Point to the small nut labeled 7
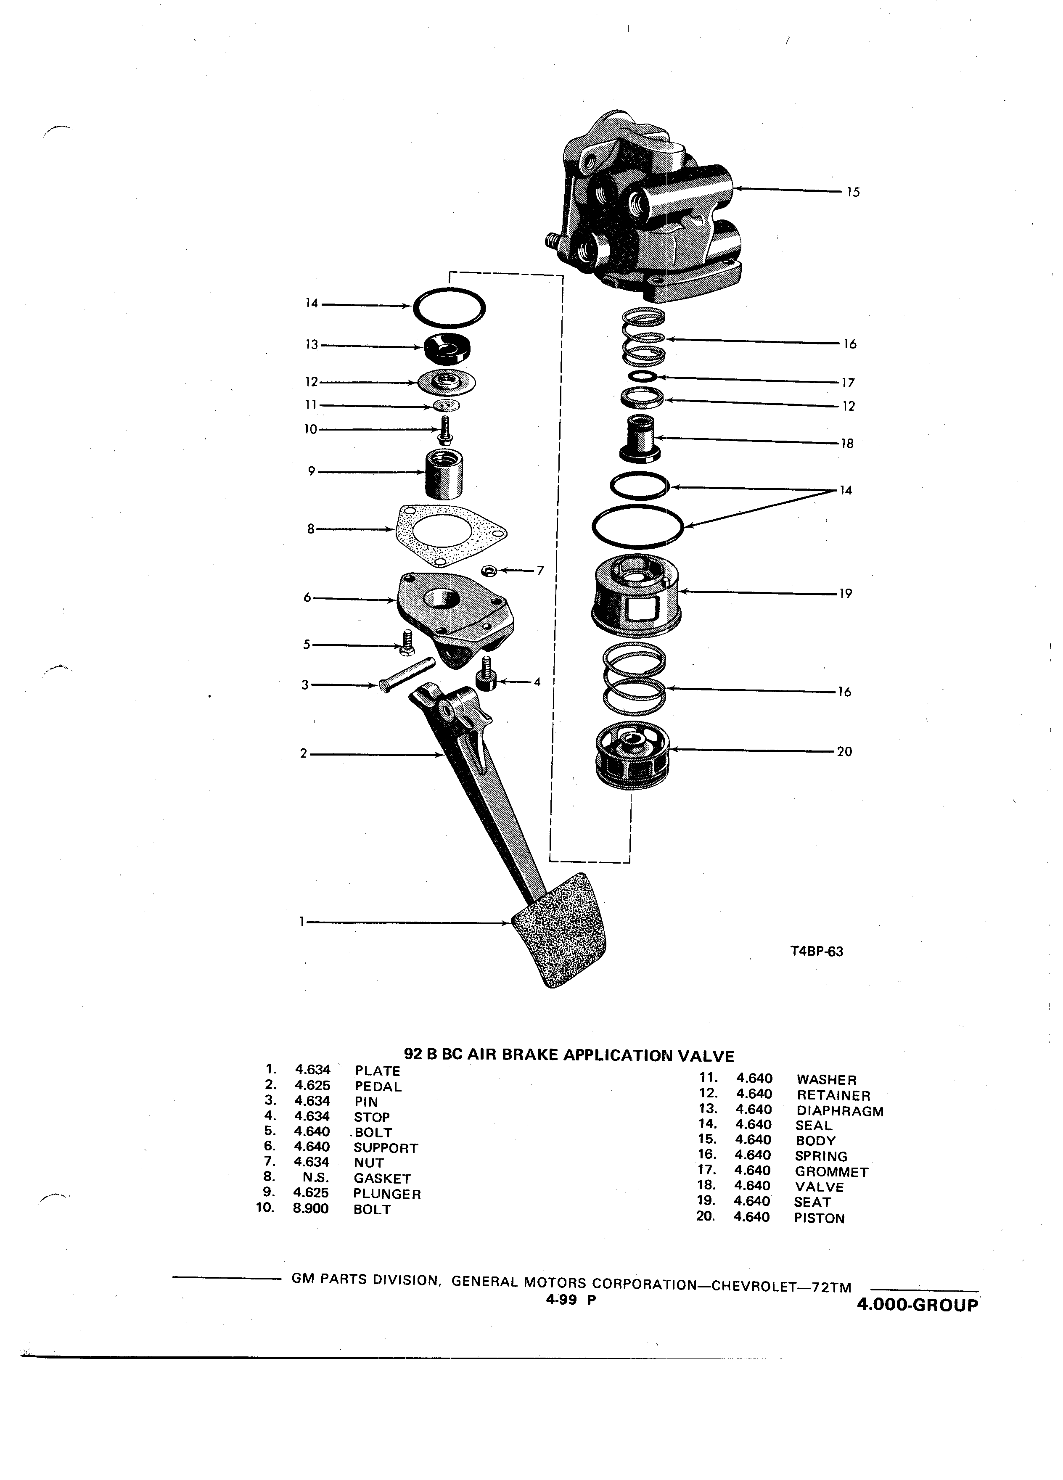click(487, 571)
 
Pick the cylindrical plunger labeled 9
click(443, 474)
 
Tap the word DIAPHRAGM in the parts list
click(840, 1111)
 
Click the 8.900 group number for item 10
click(311, 1208)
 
